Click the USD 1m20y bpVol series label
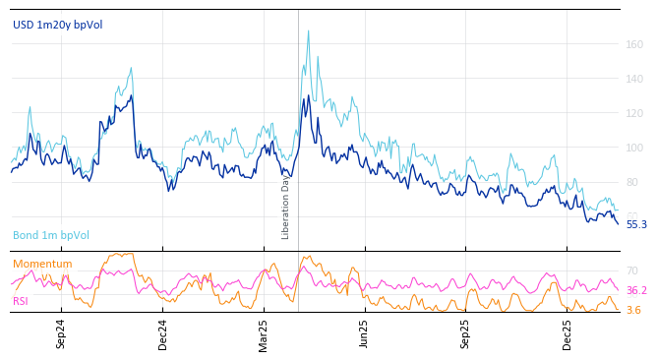57,25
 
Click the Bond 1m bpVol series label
51,235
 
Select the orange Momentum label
42,264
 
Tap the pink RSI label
21,301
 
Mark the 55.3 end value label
636,224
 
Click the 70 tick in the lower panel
632,270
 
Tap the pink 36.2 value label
636,291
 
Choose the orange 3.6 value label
633,310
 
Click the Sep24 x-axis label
61,333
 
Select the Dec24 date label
163,333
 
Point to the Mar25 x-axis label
264,333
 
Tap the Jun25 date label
364,333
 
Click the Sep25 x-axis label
465,333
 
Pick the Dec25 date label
567,333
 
